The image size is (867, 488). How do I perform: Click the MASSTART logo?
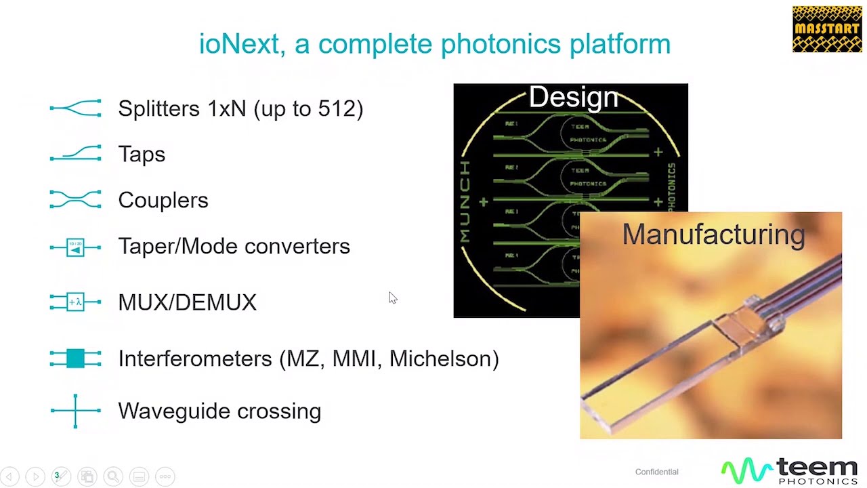tap(827, 29)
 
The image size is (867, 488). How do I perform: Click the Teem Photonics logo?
tap(790, 470)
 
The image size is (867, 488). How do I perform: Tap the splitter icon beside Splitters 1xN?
tap(75, 108)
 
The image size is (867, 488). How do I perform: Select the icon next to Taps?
tap(75, 154)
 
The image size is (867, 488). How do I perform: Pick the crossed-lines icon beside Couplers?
tap(75, 200)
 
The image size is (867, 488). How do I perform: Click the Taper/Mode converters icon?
tap(75, 247)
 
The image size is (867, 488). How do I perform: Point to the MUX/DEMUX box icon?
tap(75, 302)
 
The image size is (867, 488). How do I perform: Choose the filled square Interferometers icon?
tap(75, 359)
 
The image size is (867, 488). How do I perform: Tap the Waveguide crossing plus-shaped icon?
tap(75, 411)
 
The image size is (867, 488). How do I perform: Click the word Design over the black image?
tap(573, 98)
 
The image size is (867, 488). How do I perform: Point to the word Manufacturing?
tap(713, 235)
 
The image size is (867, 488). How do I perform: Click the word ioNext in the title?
tap(238, 44)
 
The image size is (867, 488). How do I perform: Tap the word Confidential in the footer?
tap(656, 472)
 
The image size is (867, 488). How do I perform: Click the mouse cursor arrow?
tap(392, 297)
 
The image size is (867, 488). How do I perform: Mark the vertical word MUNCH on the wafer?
tap(465, 202)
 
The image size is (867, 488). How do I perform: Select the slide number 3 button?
tap(57, 476)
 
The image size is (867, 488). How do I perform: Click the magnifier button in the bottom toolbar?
tap(113, 476)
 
